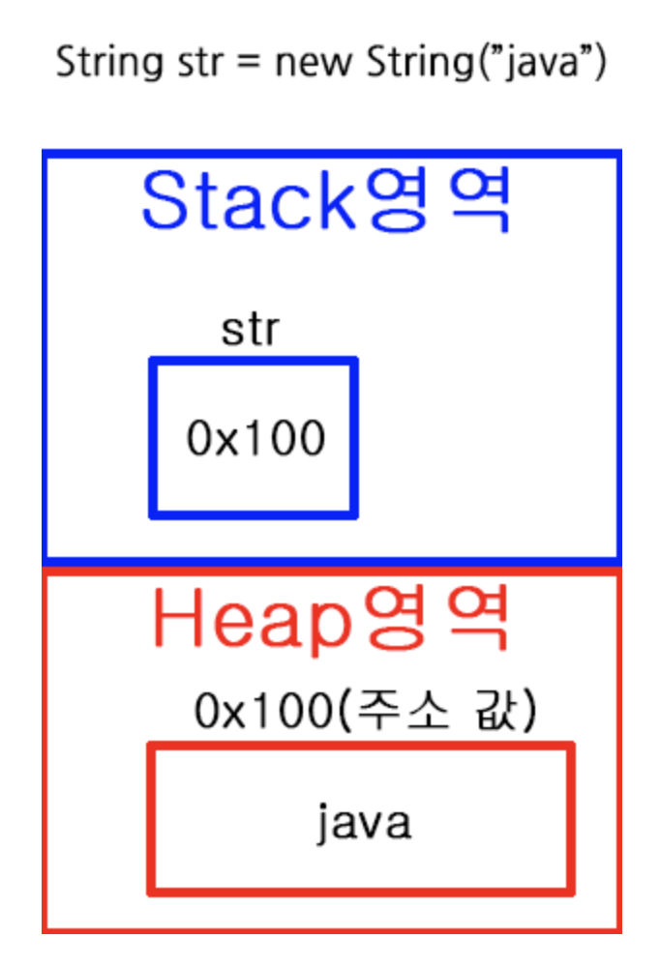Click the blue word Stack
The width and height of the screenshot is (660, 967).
246,200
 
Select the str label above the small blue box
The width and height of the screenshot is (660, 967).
250,330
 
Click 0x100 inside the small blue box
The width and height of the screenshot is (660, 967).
255,440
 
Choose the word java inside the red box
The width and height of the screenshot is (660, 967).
364,823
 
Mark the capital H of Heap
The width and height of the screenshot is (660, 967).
179,620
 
